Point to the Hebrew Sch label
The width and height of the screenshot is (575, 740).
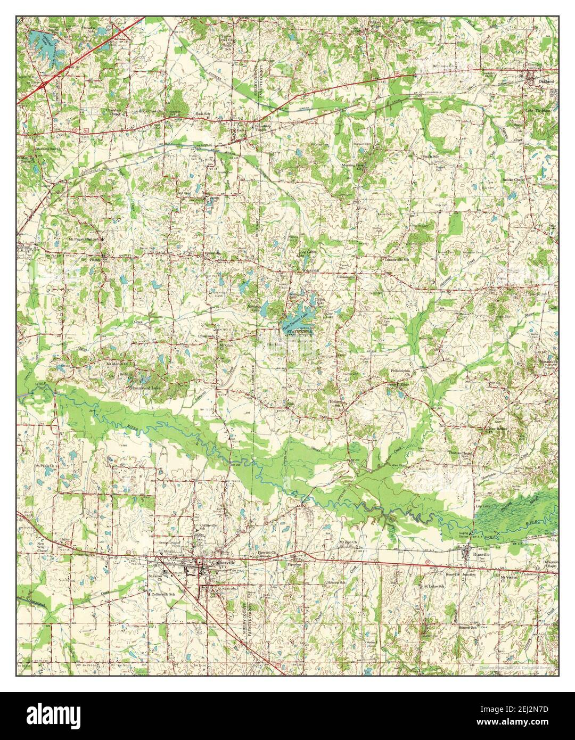(x=335, y=582)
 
